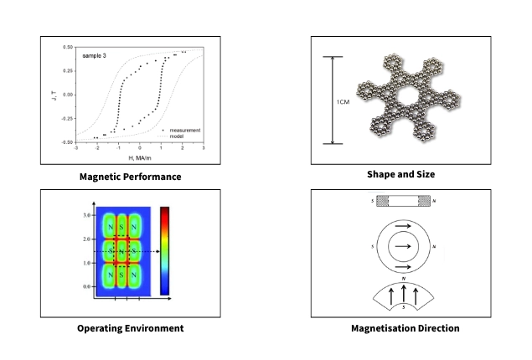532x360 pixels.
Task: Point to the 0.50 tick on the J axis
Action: click(x=69, y=48)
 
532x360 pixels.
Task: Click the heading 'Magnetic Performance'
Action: click(x=130, y=177)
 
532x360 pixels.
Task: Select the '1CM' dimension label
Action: click(x=343, y=101)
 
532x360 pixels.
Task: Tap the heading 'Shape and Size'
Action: click(x=400, y=174)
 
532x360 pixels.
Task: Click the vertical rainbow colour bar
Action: click(x=164, y=249)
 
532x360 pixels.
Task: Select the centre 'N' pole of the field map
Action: click(x=121, y=251)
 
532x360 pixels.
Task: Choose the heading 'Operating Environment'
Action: click(x=130, y=328)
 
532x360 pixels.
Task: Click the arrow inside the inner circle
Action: click(x=405, y=245)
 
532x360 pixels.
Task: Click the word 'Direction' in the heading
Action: click(x=436, y=328)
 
